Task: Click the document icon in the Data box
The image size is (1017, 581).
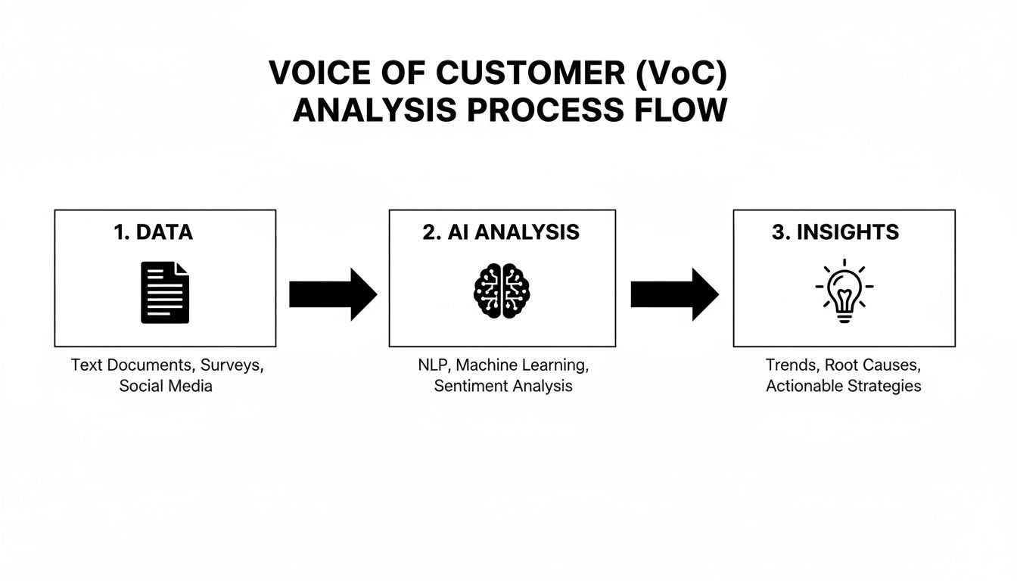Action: pos(165,293)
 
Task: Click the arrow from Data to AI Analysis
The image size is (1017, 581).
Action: pos(333,294)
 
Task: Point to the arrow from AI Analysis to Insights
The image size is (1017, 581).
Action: pos(674,294)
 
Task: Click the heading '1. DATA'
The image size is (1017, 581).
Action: pos(154,232)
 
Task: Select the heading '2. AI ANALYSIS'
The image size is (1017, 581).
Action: pos(501,232)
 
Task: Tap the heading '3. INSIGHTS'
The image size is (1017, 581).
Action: pos(835,232)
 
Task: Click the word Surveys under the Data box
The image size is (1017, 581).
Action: pos(232,365)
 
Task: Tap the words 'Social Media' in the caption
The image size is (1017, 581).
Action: pos(166,387)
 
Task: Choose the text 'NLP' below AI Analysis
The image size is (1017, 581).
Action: pos(432,365)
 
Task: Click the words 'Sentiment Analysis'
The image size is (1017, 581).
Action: pos(503,387)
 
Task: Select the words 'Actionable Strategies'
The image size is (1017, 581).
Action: pos(843,387)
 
